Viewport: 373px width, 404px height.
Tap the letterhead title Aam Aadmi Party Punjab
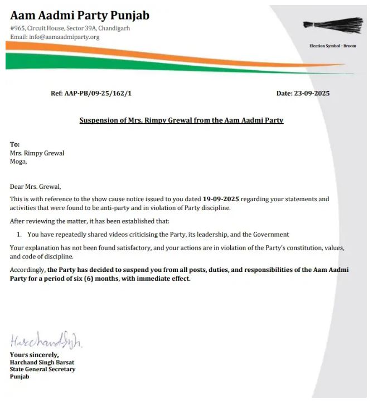[80, 15]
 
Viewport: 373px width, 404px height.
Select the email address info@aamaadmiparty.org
[55, 37]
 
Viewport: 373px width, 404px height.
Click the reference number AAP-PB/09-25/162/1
[91, 93]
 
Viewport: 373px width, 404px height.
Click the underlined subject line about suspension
[181, 120]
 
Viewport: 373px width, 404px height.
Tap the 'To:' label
[15, 144]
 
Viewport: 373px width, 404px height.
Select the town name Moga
[18, 162]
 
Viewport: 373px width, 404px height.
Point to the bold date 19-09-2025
[222, 199]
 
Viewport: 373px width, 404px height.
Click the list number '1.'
[19, 235]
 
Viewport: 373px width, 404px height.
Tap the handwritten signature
[46, 340]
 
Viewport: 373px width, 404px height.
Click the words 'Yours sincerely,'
[34, 355]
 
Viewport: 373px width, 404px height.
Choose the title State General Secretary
[42, 369]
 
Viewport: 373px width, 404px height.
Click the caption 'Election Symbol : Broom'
[332, 46]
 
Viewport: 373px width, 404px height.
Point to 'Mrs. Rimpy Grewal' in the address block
[37, 153]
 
